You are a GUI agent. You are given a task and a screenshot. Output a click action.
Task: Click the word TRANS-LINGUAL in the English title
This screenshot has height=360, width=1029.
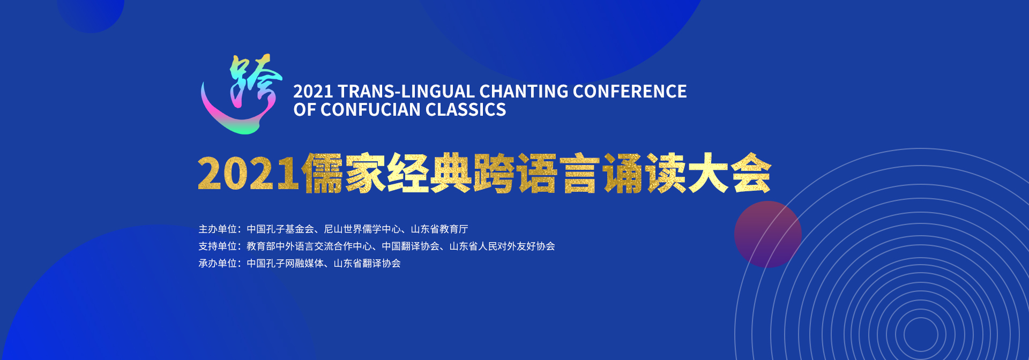pyautogui.click(x=406, y=92)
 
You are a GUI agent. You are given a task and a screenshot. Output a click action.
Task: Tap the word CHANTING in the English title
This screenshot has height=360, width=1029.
pyautogui.click(x=524, y=92)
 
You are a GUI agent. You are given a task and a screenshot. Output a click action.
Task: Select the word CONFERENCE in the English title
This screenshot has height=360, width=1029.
pyautogui.click(x=630, y=92)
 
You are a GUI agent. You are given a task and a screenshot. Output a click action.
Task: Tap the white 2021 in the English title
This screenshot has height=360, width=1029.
pyautogui.click(x=313, y=92)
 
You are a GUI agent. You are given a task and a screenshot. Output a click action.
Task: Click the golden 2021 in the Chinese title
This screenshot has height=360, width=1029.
pyautogui.click(x=248, y=174)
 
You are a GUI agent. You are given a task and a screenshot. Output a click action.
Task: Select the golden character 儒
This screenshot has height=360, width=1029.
pyautogui.click(x=322, y=173)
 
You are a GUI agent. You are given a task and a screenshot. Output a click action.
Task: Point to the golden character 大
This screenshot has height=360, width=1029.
pyautogui.click(x=708, y=173)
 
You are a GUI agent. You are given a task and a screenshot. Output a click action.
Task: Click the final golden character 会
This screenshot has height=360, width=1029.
pyautogui.click(x=751, y=173)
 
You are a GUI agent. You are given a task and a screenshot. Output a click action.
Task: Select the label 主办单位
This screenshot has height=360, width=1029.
pyautogui.click(x=218, y=229)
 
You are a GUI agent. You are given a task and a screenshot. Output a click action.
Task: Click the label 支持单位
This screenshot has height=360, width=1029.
pyautogui.click(x=218, y=246)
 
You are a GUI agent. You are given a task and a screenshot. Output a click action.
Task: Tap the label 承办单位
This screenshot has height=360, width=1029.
pyautogui.click(x=218, y=264)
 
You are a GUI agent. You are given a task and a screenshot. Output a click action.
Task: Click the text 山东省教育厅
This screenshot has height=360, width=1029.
pyautogui.click(x=439, y=229)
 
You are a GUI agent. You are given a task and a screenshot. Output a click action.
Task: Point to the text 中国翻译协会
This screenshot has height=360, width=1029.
pyautogui.click(x=411, y=246)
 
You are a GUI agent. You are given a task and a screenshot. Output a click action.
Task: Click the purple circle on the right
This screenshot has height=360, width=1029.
pyautogui.click(x=767, y=234)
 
